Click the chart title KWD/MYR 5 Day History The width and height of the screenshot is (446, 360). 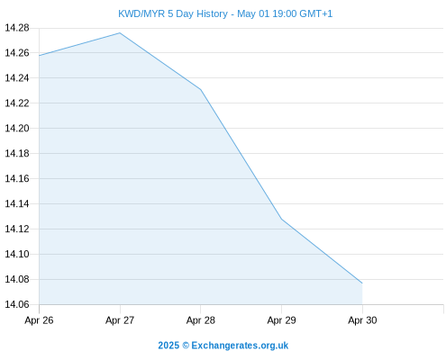pyautogui.click(x=173, y=13)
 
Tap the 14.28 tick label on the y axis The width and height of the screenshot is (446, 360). pyautogui.click(x=17, y=28)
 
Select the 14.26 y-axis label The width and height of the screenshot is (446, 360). pyautogui.click(x=17, y=53)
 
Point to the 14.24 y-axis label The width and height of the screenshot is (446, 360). pyautogui.click(x=17, y=78)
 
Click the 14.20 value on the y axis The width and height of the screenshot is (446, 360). pyautogui.click(x=17, y=129)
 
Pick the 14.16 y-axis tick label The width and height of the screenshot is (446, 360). pyautogui.click(x=17, y=179)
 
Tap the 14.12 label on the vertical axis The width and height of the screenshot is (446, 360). pyautogui.click(x=17, y=229)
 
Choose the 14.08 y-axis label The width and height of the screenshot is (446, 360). pyautogui.click(x=17, y=280)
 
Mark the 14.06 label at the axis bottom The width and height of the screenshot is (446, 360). pyautogui.click(x=17, y=304)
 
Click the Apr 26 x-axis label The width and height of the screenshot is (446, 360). pyautogui.click(x=39, y=320)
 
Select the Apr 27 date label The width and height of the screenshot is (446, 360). pyautogui.click(x=120, y=320)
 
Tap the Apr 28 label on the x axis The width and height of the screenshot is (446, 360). pyautogui.click(x=201, y=320)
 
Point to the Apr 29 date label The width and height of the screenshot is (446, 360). pyautogui.click(x=281, y=320)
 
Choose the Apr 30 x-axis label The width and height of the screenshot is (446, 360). pyautogui.click(x=362, y=320)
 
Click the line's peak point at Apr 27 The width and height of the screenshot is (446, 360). pyautogui.click(x=120, y=32)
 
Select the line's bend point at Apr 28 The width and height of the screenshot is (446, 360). pyautogui.click(x=201, y=90)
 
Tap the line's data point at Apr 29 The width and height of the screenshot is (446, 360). pyautogui.click(x=281, y=219)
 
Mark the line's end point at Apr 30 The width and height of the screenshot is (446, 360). pyautogui.click(x=362, y=283)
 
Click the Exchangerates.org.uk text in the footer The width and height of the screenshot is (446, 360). pyautogui.click(x=240, y=346)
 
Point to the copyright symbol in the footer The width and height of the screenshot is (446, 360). pyautogui.click(x=186, y=346)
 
